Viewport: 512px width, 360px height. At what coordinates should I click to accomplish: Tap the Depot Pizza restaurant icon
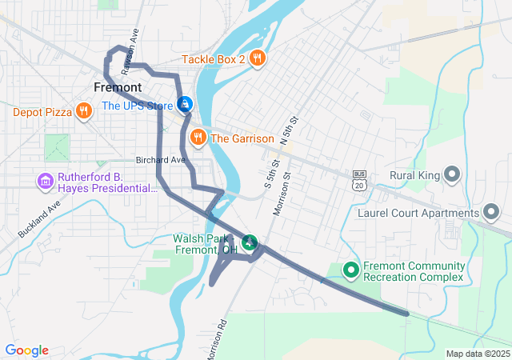click(x=84, y=111)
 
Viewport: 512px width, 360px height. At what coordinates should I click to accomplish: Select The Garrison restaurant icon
click(x=197, y=138)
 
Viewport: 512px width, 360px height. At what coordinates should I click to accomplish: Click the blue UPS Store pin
click(x=185, y=104)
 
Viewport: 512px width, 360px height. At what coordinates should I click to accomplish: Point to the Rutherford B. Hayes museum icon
click(x=46, y=182)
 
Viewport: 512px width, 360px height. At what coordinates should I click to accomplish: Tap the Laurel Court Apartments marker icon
click(x=491, y=213)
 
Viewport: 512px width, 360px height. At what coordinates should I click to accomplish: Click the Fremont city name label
click(x=118, y=87)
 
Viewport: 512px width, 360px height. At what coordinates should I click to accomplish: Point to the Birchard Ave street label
click(x=160, y=160)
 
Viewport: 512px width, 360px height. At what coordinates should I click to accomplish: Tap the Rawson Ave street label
click(x=135, y=41)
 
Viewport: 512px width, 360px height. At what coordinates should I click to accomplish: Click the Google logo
click(x=26, y=350)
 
